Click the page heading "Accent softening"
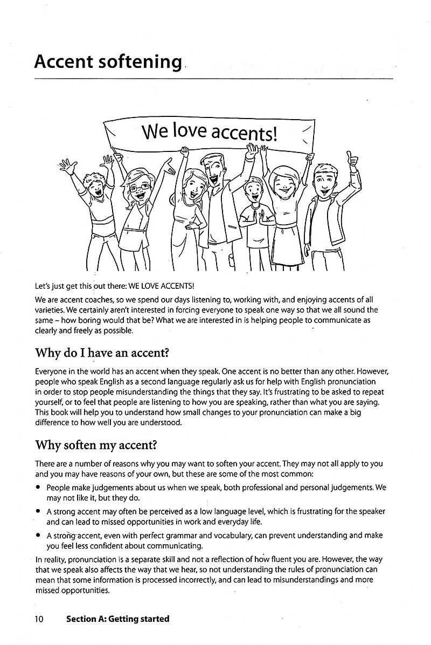[108, 61]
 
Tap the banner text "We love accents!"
[209, 132]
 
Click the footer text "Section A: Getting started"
[117, 619]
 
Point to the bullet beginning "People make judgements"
[39, 487]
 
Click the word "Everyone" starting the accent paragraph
[52, 372]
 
